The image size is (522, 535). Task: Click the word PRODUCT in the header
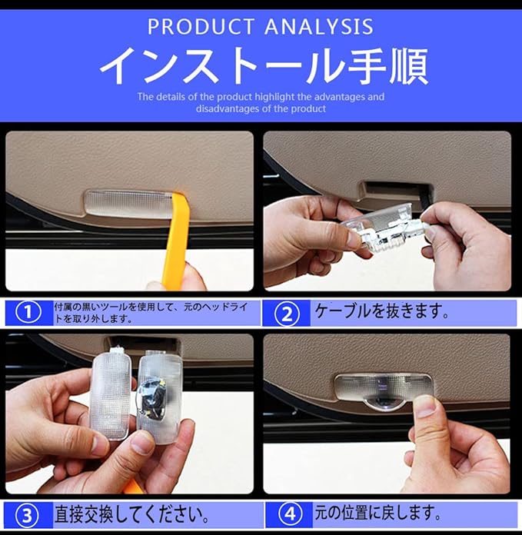201,27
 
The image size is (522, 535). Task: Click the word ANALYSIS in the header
319,27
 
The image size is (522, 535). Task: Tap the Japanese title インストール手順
264,65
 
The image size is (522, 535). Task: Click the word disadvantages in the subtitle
228,109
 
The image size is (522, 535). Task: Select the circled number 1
28,313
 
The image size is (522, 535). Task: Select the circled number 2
288,314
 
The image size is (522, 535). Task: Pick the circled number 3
27,515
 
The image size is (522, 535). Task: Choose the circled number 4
290,514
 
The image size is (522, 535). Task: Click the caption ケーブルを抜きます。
381,311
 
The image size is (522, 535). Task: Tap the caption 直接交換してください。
132,514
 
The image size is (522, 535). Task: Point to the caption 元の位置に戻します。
377,513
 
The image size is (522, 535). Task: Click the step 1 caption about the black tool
151,313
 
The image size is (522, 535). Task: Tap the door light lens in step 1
129,204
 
